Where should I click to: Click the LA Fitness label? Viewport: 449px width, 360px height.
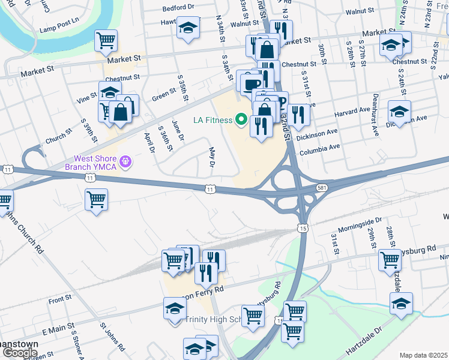click(x=212, y=120)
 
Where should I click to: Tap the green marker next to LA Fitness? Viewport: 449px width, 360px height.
click(x=243, y=120)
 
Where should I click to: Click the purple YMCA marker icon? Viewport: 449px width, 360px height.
click(x=125, y=161)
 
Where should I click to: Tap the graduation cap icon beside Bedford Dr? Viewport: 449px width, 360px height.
click(x=188, y=28)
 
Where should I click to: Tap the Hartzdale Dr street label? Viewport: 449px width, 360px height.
click(x=363, y=341)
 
